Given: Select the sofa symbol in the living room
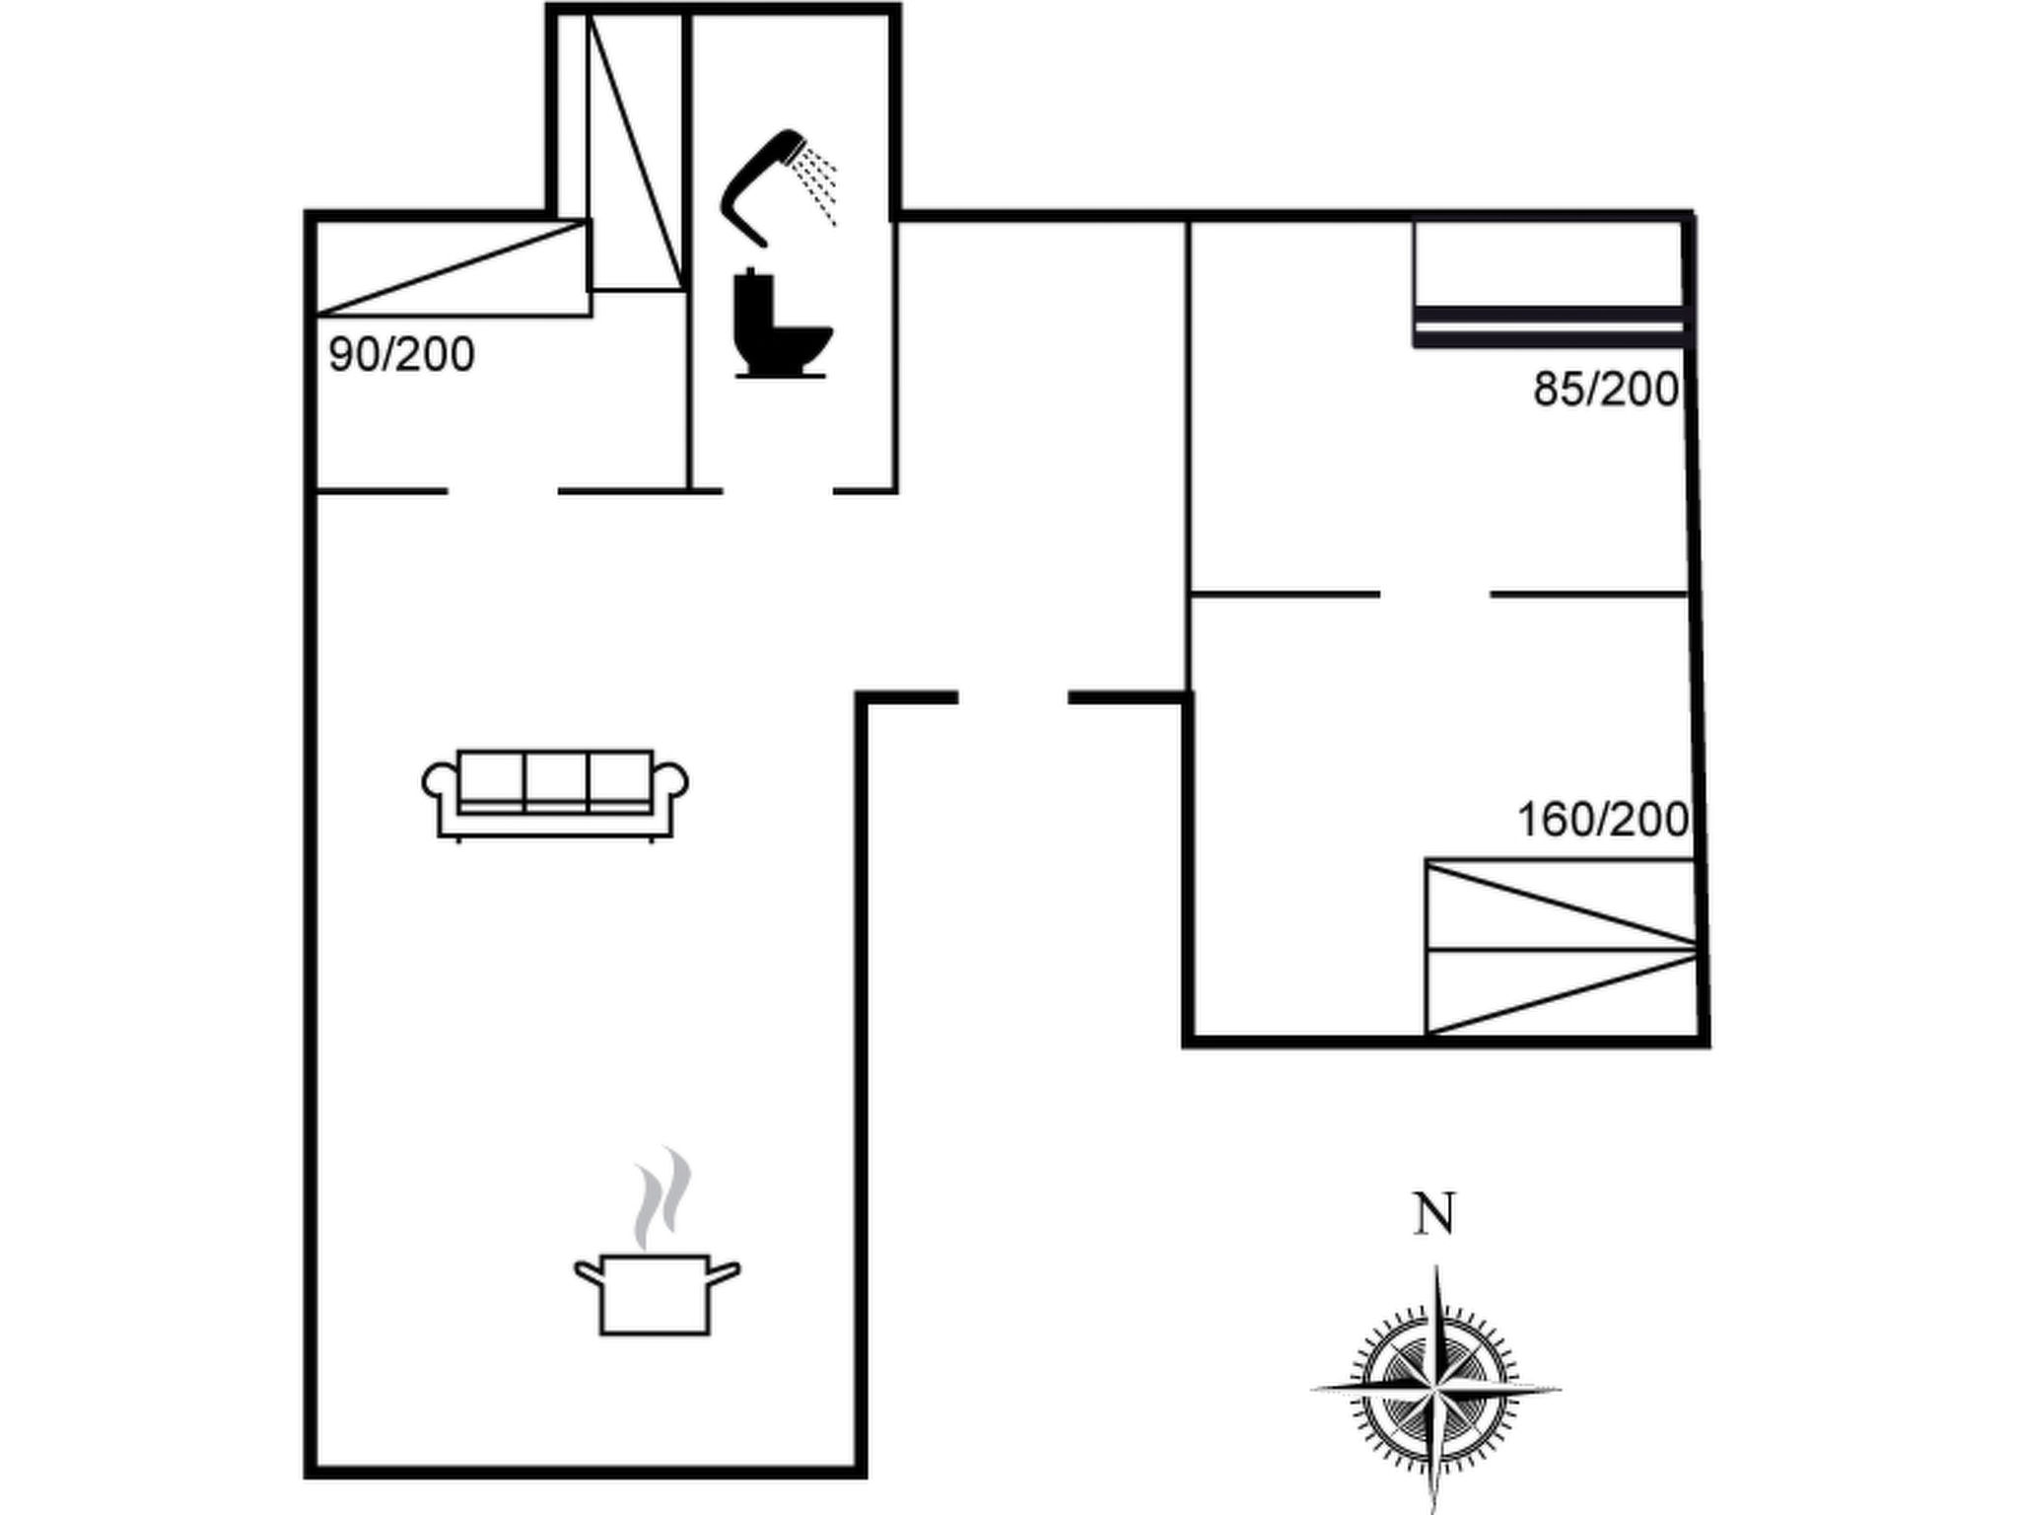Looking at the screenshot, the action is [555, 796].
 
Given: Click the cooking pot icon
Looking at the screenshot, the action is [658, 1294].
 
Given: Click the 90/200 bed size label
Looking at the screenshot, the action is [401, 355].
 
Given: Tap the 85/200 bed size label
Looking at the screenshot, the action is [1606, 390].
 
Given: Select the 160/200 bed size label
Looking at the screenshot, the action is [1603, 820].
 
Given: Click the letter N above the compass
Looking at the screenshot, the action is [1434, 1214].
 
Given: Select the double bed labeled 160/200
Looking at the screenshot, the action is [1563, 948].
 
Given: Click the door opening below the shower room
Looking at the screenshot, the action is [778, 490].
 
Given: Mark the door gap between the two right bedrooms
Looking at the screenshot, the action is [1434, 595].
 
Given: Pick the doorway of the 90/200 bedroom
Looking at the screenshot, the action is [503, 490].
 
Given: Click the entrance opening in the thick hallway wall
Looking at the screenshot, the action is [1013, 698].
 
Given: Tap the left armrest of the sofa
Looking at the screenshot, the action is [440, 782].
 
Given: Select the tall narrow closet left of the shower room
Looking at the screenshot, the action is [636, 153].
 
